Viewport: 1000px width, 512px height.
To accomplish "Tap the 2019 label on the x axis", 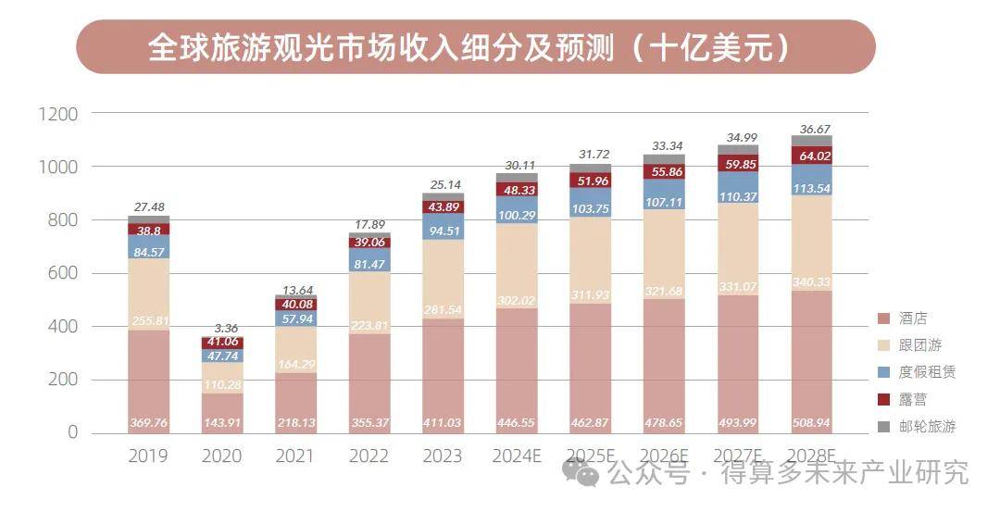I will [148, 456].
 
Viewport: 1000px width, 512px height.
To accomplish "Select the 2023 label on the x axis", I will [443, 456].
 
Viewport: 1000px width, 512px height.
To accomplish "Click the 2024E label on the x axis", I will [516, 456].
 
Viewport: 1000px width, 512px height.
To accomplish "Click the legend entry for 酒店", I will [913, 318].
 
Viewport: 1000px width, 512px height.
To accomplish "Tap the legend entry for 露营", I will [913, 399].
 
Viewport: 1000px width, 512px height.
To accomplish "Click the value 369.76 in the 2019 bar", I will [148, 423].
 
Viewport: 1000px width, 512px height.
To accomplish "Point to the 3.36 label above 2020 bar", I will [222, 327].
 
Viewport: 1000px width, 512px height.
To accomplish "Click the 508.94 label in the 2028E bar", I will [811, 423].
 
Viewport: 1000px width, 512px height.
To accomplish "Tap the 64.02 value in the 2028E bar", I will [811, 155].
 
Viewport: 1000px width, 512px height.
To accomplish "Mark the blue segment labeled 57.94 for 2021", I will [295, 318].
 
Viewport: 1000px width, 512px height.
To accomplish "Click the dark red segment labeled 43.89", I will [443, 206].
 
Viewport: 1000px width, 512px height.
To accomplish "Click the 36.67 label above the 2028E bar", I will [811, 129].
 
